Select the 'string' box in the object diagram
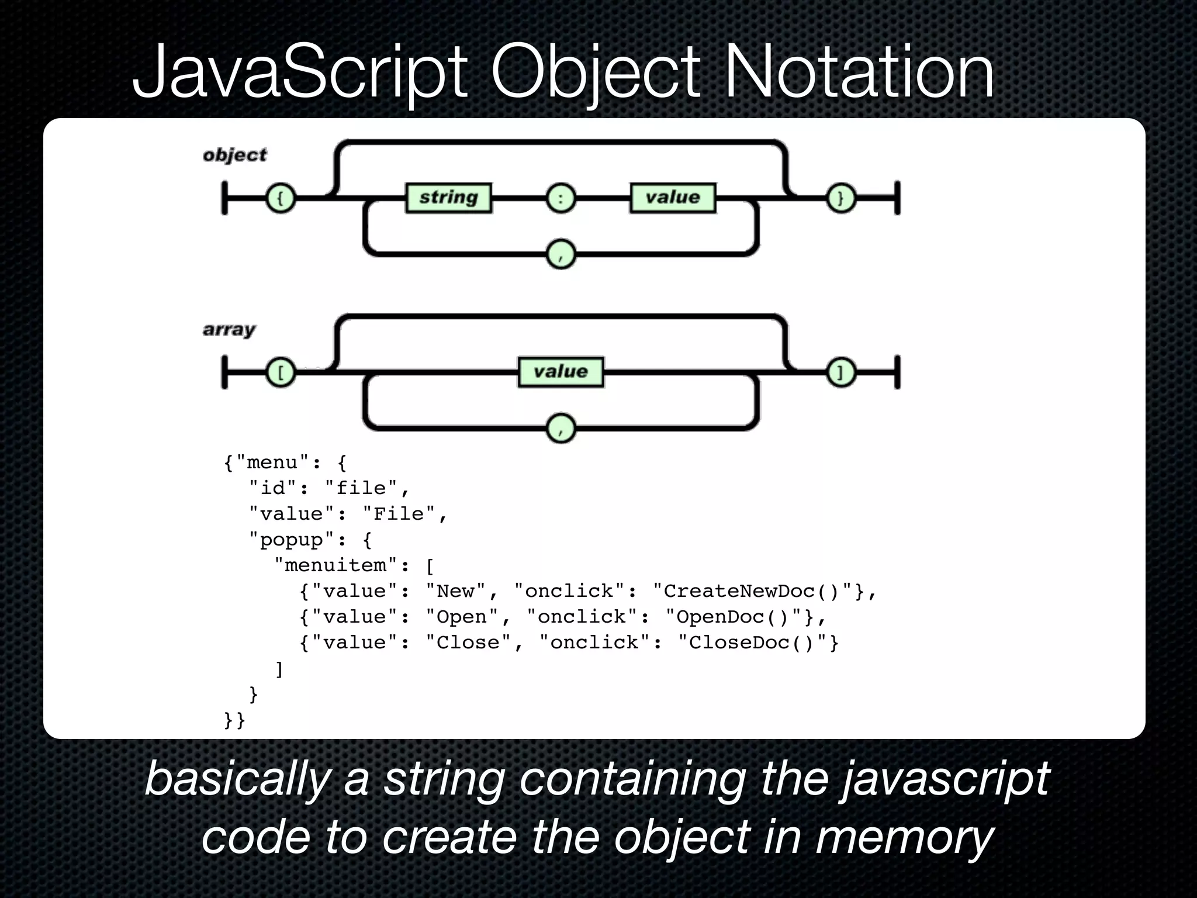coord(448,198)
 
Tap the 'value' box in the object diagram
coord(673,198)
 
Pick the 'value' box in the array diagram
coord(561,372)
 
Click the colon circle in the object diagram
coord(561,198)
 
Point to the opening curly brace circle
coord(281,198)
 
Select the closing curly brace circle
coord(841,198)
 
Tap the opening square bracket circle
coord(281,372)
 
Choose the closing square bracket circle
coord(841,372)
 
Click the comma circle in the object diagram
coord(561,254)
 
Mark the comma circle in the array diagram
coord(561,429)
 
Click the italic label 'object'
coord(234,156)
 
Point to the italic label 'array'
coord(229,330)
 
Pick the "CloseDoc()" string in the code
coord(757,643)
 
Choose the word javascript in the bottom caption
coord(945,780)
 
